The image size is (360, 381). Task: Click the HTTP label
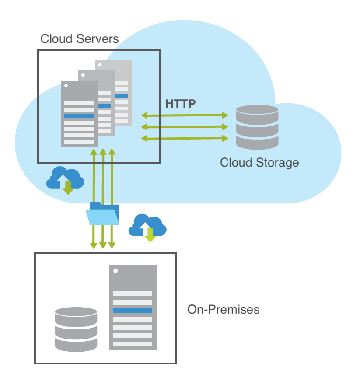pos(180,104)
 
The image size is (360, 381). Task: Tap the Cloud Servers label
pos(79,38)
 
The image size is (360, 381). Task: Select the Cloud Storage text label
pos(259,163)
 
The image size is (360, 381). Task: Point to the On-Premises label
pos(223,310)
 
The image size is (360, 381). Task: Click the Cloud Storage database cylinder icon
pos(257,127)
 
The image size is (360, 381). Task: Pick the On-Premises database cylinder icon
pos(76,329)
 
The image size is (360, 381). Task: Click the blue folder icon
pos(103,213)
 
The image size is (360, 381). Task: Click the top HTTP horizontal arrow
pos(185,115)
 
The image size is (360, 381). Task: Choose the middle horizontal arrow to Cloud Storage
pos(185,127)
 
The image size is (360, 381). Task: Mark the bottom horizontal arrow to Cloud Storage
pos(185,138)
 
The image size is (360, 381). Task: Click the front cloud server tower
pos(79,114)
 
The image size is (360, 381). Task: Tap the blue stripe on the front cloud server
pos(79,116)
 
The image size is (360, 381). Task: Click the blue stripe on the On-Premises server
pos(133,311)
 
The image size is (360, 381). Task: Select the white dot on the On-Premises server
pos(115,271)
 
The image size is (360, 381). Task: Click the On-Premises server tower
pos(133,306)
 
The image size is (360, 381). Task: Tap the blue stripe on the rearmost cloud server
pos(121,95)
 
